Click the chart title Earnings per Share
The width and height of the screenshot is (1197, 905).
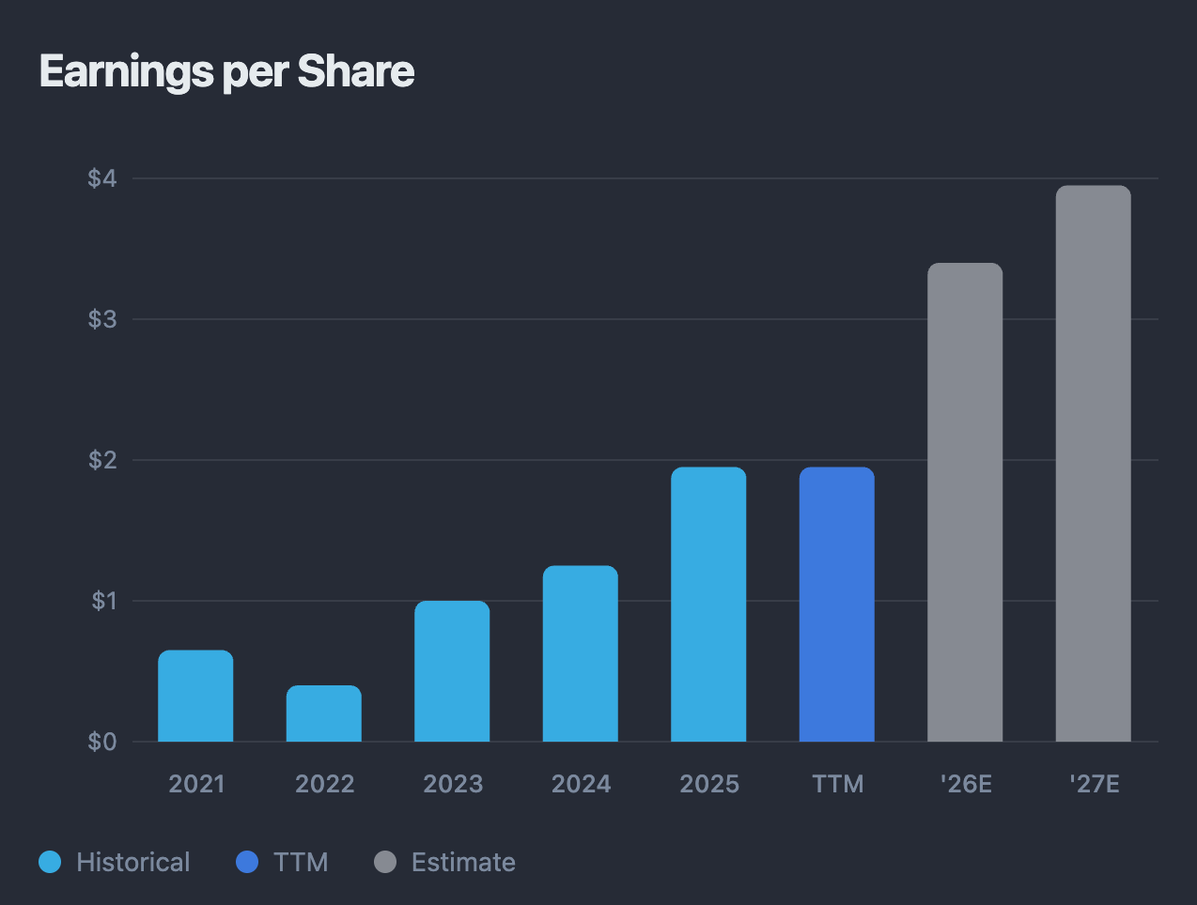point(226,72)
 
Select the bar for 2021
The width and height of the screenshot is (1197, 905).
point(195,696)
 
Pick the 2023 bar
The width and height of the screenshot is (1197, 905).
point(452,671)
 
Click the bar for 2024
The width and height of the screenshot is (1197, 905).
point(581,653)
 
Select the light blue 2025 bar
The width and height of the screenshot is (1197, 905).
point(708,605)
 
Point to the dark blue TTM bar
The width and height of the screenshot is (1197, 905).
point(836,605)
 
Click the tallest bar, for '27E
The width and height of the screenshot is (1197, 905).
point(1093,464)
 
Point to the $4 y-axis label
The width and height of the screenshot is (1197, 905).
point(102,178)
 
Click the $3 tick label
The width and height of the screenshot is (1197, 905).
point(102,319)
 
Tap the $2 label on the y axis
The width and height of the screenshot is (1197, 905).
point(102,460)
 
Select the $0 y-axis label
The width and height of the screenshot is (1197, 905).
point(102,742)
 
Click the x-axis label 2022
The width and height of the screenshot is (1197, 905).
point(324,784)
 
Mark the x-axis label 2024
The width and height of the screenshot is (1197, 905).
point(581,784)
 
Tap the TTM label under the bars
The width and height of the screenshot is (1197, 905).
point(837,784)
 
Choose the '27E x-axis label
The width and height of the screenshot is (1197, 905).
point(1095,784)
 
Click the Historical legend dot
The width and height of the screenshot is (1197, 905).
point(50,862)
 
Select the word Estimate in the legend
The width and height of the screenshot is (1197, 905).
point(463,862)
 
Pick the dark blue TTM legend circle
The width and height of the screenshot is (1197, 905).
point(247,862)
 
